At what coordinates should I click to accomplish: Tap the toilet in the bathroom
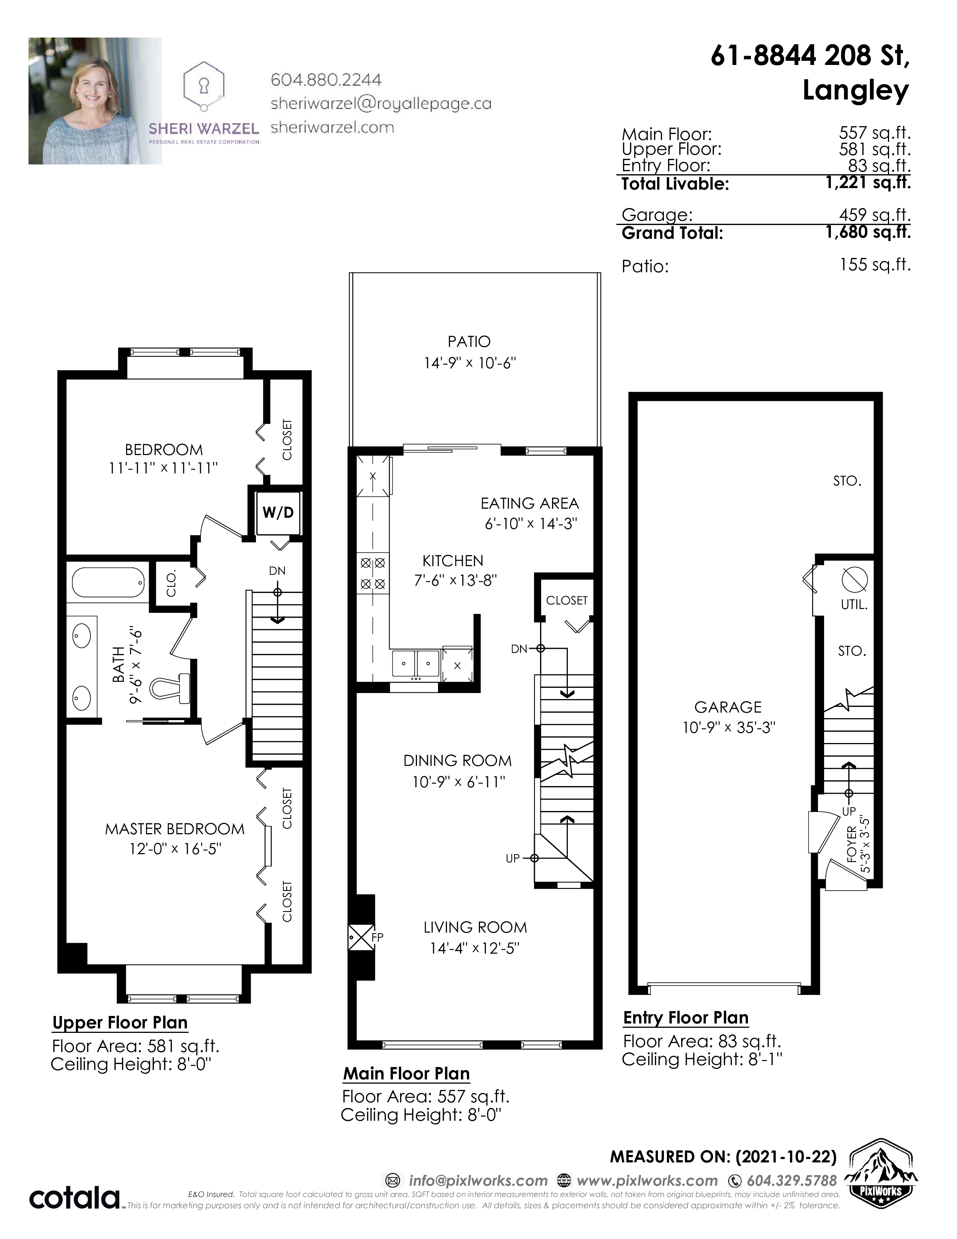tap(171, 689)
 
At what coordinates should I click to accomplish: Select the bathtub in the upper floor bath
tap(108, 583)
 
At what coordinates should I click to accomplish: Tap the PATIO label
tap(469, 342)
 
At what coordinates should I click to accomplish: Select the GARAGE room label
tap(728, 707)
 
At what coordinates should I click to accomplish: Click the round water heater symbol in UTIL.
tap(855, 580)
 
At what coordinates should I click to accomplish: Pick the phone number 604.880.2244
tap(326, 80)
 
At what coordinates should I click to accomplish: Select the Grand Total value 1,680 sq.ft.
tap(868, 233)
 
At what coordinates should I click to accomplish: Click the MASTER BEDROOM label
tap(175, 829)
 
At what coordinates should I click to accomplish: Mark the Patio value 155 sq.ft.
tap(875, 265)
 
